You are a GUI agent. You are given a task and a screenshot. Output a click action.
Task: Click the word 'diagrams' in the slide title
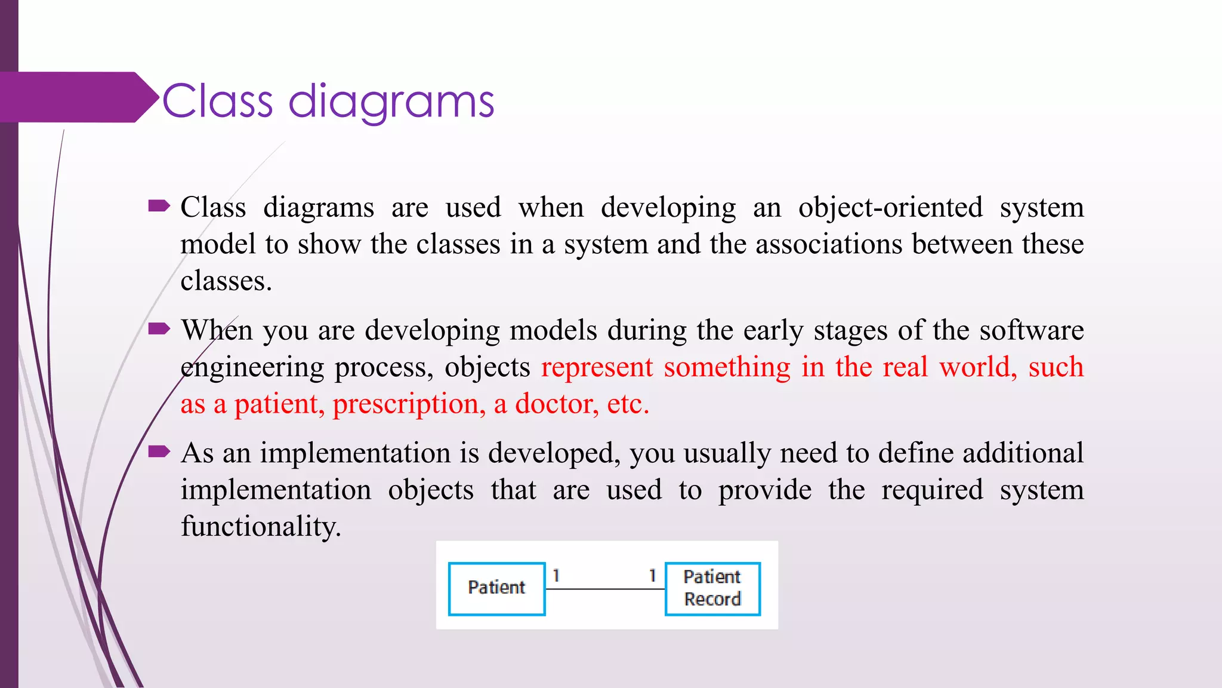[x=391, y=102]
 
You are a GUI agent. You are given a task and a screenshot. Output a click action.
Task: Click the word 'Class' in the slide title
[x=217, y=102]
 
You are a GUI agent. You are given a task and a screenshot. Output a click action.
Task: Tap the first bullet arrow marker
[x=159, y=207]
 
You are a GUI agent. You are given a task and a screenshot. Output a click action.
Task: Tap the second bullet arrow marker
[x=159, y=329]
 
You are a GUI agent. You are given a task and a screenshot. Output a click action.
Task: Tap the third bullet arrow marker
[x=159, y=451]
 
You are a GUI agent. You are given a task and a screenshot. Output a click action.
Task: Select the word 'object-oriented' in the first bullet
[x=890, y=208]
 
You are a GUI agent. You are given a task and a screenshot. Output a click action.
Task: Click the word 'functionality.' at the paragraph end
[x=261, y=527]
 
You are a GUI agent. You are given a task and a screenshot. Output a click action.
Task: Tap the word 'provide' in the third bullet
[x=764, y=490]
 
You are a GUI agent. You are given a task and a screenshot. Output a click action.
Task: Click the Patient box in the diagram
[x=496, y=588]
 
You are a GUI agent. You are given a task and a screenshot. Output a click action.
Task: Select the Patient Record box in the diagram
[x=712, y=588]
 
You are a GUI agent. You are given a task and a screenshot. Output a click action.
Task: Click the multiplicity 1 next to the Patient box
[x=556, y=576]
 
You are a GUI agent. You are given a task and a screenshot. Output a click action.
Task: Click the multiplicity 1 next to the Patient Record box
[x=652, y=576]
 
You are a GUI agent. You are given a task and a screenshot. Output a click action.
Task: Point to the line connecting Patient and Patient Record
[x=605, y=589]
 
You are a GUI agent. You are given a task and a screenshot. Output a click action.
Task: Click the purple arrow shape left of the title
[x=78, y=97]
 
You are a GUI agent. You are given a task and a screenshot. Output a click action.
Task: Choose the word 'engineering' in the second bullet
[x=252, y=367]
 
